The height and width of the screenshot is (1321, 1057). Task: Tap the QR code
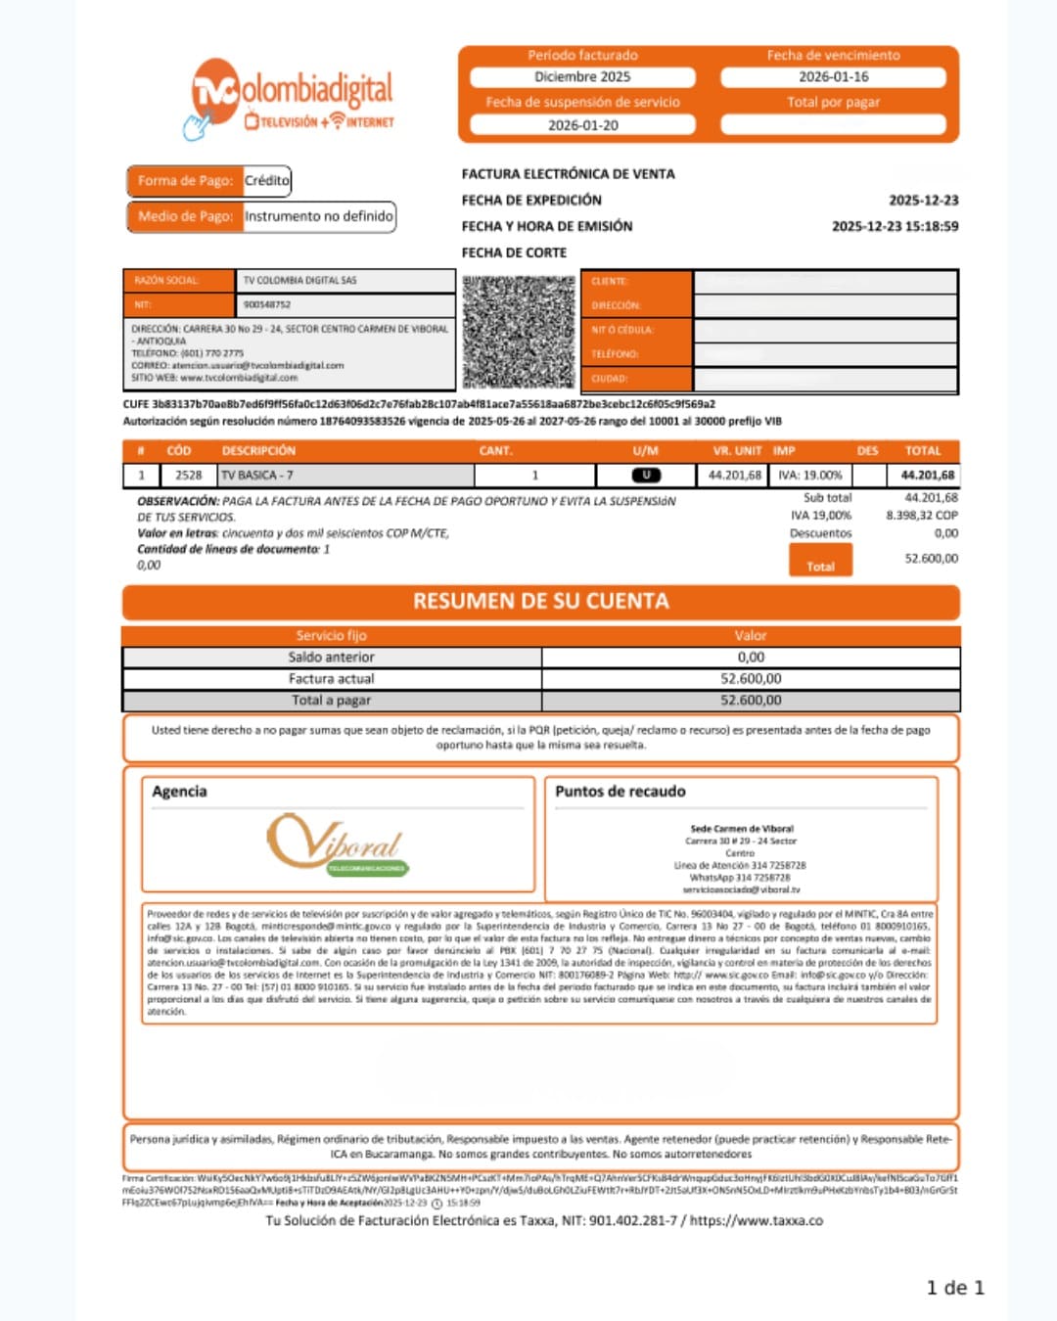pyautogui.click(x=518, y=332)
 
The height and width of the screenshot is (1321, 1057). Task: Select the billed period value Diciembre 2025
pyautogui.click(x=582, y=77)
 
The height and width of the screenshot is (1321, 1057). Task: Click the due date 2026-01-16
pyautogui.click(x=833, y=77)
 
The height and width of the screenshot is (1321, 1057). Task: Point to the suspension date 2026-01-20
pyautogui.click(x=582, y=125)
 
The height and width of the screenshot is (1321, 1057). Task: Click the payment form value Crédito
pyautogui.click(x=266, y=181)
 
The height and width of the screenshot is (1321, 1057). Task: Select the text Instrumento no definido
pyautogui.click(x=319, y=216)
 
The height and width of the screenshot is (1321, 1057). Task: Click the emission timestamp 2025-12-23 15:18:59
pyautogui.click(x=895, y=226)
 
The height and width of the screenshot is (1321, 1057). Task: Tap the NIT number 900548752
pyautogui.click(x=267, y=304)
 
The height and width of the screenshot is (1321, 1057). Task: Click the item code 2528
pyautogui.click(x=188, y=476)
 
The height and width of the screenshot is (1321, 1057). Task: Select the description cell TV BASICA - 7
pyautogui.click(x=257, y=476)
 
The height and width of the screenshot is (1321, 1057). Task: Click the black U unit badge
pyautogui.click(x=646, y=476)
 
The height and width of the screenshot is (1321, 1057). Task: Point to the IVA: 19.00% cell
pyautogui.click(x=809, y=476)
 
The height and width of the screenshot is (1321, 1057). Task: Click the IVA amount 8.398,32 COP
pyautogui.click(x=921, y=516)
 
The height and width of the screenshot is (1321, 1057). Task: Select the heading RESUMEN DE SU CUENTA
pyautogui.click(x=540, y=602)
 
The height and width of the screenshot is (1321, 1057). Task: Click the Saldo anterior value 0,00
pyautogui.click(x=751, y=658)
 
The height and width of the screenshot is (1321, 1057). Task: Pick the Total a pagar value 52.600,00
pyautogui.click(x=751, y=701)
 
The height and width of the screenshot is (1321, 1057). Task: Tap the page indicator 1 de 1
pyautogui.click(x=954, y=1288)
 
